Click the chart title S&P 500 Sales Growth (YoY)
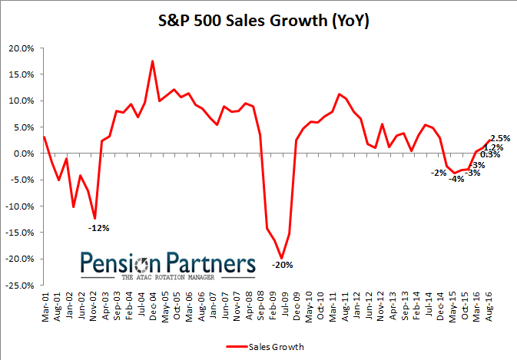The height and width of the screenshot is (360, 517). click(258, 21)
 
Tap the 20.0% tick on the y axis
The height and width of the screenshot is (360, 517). click(20, 48)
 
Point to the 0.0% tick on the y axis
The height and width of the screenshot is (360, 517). click(23, 154)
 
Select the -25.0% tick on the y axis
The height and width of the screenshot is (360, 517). click(19, 285)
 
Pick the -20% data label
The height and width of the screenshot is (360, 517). click(282, 266)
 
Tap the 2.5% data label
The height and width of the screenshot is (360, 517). click(500, 138)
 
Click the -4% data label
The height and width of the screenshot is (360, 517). click(456, 179)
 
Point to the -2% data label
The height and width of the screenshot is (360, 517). click(439, 172)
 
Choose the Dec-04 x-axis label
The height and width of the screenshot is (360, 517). click(153, 303)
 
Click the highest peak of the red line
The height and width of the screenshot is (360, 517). click(152, 61)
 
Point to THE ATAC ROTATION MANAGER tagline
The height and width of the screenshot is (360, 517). click(168, 277)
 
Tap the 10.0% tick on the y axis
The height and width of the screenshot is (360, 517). click(20, 101)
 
